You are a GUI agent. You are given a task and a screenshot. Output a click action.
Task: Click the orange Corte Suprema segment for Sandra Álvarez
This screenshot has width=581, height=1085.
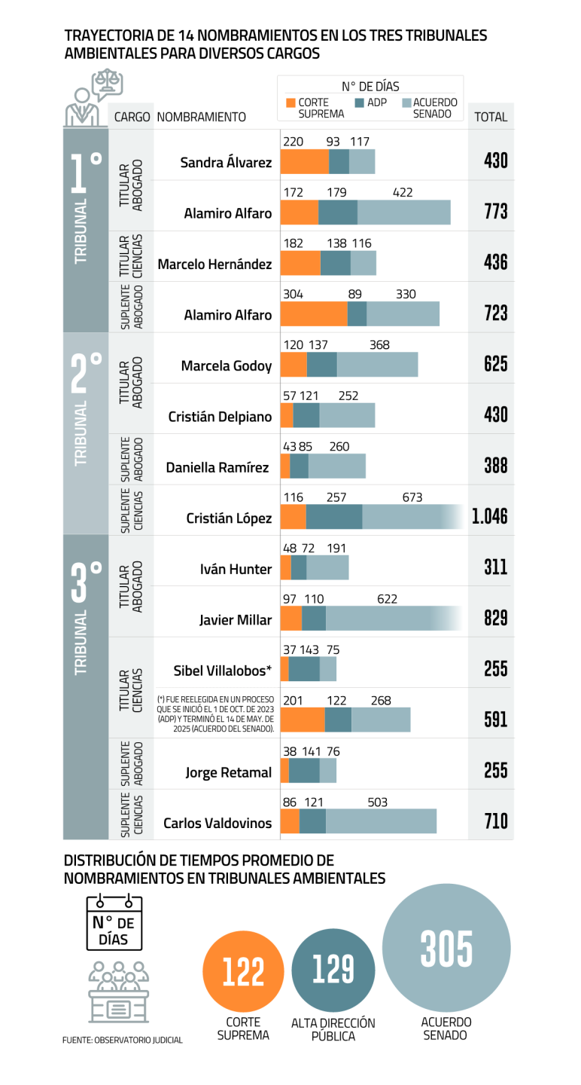(x=305, y=162)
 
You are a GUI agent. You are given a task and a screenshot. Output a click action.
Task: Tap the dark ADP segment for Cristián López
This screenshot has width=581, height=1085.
(x=334, y=517)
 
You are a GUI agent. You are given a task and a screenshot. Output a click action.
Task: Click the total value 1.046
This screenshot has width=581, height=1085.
(x=489, y=516)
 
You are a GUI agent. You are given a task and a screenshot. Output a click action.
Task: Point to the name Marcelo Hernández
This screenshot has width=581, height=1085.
(x=214, y=264)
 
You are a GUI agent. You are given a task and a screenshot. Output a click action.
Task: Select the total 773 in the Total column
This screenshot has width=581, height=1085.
(x=496, y=212)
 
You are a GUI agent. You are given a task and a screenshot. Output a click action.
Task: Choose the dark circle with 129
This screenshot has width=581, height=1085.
(x=333, y=969)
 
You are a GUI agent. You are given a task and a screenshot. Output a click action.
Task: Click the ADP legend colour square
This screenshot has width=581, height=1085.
(x=360, y=102)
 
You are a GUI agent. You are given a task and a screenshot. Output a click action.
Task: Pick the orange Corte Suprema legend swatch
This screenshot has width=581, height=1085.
(x=291, y=102)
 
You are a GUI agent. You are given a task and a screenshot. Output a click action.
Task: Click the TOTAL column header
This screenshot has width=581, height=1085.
(x=491, y=117)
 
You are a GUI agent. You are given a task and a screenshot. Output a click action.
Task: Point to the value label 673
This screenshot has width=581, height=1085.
(x=412, y=497)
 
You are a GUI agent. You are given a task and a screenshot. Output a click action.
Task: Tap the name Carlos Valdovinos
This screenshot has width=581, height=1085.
(x=217, y=824)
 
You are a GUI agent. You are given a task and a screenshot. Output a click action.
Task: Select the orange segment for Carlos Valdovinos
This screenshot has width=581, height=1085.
(x=290, y=822)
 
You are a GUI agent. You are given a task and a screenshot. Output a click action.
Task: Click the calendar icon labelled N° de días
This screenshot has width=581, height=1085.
(x=114, y=921)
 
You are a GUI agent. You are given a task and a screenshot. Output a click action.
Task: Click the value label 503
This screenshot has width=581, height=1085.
(x=378, y=803)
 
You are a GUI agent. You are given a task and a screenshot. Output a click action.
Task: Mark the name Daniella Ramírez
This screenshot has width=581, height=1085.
(x=217, y=468)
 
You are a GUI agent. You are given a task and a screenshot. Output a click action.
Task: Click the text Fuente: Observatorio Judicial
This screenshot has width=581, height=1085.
(x=122, y=1041)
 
